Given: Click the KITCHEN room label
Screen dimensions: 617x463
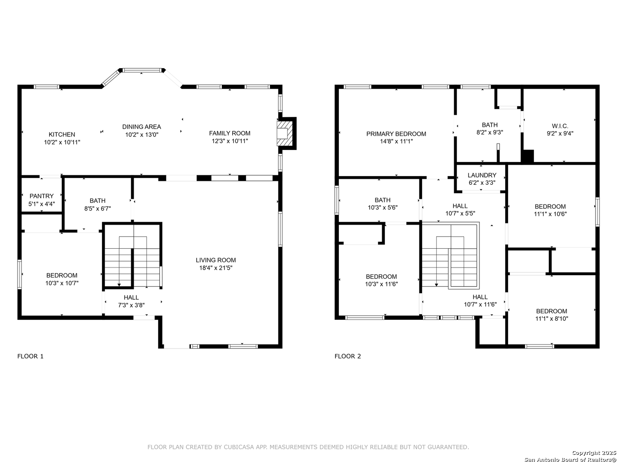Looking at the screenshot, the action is (x=62, y=134).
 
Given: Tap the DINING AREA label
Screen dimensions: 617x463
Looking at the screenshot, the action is (x=141, y=127).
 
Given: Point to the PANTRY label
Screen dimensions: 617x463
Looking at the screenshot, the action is (x=42, y=196).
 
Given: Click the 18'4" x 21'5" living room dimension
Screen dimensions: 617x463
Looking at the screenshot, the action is (x=216, y=268).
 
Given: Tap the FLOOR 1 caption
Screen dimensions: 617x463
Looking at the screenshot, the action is (x=30, y=356).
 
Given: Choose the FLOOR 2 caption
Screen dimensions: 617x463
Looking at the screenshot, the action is (x=347, y=356).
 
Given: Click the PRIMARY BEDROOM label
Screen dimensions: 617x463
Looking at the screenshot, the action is (x=396, y=134).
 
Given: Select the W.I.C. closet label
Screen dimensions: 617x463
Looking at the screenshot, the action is (x=560, y=126).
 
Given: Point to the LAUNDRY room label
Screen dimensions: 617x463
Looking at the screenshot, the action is (x=482, y=175).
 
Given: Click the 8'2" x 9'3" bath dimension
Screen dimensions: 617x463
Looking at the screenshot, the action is (x=489, y=132).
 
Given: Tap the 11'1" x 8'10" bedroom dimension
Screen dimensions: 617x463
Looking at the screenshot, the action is (x=551, y=319).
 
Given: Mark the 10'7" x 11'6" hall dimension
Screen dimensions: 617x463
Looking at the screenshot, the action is (x=480, y=304).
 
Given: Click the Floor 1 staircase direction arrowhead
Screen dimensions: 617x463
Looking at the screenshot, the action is (x=119, y=285).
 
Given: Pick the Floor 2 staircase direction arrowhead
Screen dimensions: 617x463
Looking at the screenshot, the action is (x=436, y=285).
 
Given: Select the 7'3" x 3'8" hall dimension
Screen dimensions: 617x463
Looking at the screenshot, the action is (x=131, y=305).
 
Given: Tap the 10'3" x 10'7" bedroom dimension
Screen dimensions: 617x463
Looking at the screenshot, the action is (x=62, y=283).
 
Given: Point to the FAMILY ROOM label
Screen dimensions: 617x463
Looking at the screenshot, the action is (x=229, y=133).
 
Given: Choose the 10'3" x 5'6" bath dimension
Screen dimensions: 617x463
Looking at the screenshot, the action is (x=382, y=207).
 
